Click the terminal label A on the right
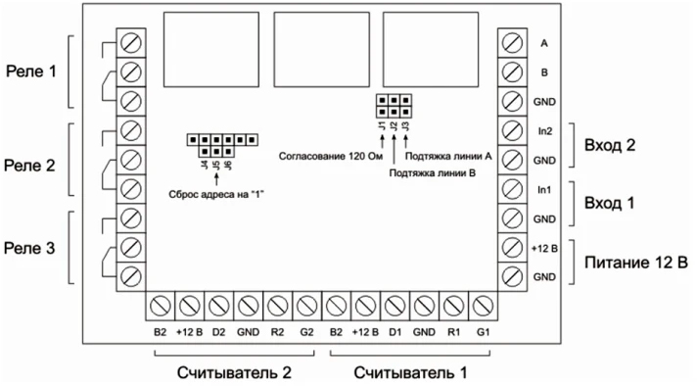[x=543, y=44]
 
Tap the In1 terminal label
[x=546, y=188]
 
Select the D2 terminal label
[x=219, y=332]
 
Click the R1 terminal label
[x=452, y=332]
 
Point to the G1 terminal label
[x=483, y=332]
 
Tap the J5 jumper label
[x=215, y=166]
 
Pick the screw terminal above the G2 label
[x=306, y=305]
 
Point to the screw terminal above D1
[x=395, y=305]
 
